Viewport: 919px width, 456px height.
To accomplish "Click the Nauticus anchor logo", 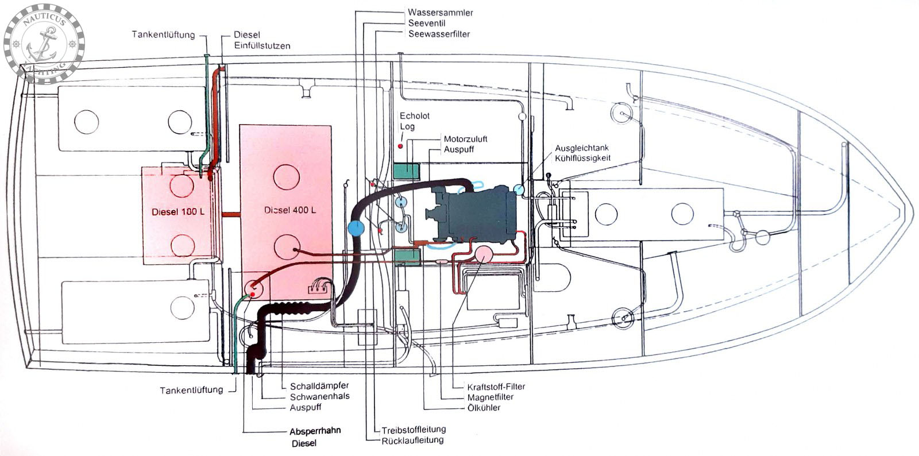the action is coord(44,44).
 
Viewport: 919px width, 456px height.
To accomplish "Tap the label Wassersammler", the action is coord(440,13).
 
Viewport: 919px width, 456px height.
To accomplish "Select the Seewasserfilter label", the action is coord(439,34).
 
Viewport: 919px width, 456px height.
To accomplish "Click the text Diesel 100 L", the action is coord(178,212).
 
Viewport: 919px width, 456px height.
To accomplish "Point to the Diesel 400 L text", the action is coord(290,210).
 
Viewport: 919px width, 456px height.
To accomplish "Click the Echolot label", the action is coord(414,116).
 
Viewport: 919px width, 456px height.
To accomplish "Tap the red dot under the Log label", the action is coord(400,146).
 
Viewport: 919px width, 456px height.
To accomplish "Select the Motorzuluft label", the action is coord(465,139).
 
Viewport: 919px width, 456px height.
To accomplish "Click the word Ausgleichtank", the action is coord(582,148).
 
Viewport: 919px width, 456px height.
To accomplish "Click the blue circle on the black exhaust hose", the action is coord(356,229).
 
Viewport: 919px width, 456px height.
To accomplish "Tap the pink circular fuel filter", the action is coord(484,254).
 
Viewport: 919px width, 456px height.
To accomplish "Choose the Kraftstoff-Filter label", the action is coord(496,387).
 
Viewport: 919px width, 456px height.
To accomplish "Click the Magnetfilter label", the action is coord(491,397).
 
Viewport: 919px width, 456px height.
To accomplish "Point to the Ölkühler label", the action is coord(484,408).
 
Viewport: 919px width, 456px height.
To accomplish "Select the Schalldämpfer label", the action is coord(319,386).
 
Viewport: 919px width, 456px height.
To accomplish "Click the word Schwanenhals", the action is coord(319,396).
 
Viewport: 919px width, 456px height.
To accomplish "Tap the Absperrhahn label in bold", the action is coord(315,431).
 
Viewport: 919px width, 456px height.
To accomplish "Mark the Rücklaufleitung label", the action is coord(412,440).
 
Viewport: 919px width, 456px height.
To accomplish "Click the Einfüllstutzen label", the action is coord(262,45).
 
